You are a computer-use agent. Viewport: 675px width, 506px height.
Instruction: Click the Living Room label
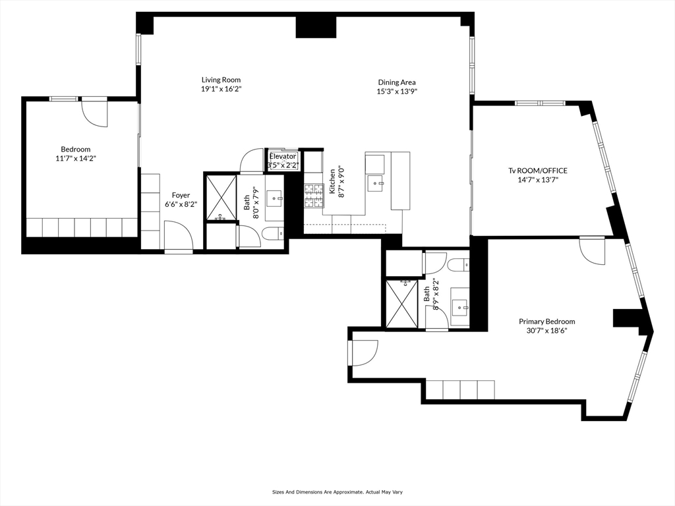click(x=221, y=80)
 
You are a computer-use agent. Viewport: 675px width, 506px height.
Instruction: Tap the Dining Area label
click(x=397, y=82)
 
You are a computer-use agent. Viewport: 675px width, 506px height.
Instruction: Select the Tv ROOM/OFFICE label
click(x=538, y=171)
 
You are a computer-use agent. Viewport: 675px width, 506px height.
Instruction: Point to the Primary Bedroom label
click(x=546, y=322)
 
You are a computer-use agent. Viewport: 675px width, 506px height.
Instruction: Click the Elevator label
click(x=283, y=157)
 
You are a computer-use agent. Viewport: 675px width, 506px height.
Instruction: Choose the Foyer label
click(x=181, y=195)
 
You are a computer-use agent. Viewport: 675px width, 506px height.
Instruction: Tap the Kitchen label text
click(x=332, y=181)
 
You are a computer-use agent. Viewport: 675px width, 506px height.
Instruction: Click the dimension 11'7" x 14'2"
click(x=76, y=158)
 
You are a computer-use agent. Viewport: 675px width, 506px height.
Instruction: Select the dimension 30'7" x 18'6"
click(x=546, y=331)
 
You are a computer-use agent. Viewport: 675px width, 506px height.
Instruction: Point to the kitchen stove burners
click(x=314, y=196)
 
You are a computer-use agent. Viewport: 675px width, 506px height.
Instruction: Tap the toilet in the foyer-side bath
click(x=272, y=234)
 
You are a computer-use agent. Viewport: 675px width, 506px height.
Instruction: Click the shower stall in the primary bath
click(x=401, y=303)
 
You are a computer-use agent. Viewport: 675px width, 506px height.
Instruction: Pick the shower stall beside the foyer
click(x=221, y=197)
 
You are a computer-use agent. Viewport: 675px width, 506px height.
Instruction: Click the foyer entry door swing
click(x=178, y=235)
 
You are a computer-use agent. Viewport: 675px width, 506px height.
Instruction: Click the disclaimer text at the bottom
click(x=337, y=492)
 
